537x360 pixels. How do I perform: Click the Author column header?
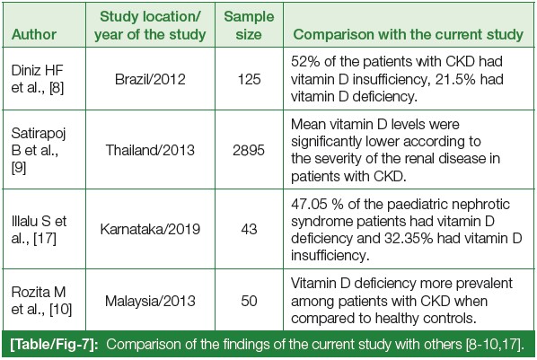click(34, 34)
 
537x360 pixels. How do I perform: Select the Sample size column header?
click(249, 25)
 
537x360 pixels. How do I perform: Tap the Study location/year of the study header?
click(150, 25)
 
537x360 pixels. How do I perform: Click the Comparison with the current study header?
click(409, 34)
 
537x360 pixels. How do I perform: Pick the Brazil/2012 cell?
click(150, 80)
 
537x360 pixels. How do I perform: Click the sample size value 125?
click(249, 80)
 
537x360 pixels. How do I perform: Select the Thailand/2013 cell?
click(150, 150)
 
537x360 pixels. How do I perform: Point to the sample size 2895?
click(249, 150)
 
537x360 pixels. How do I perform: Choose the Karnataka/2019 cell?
click(150, 229)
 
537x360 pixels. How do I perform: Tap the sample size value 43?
click(249, 229)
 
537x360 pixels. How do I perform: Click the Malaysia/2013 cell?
click(150, 301)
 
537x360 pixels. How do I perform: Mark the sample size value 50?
click(249, 301)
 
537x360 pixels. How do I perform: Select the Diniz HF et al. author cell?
click(38, 79)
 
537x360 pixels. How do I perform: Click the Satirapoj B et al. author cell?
click(39, 150)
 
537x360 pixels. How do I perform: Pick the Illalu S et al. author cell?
click(39, 229)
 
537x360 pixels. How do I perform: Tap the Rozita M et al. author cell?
click(41, 301)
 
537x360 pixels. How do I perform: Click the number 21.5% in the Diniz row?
click(455, 80)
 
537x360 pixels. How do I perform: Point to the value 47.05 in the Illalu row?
click(309, 204)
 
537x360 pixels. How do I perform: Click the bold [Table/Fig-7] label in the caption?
click(54, 344)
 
